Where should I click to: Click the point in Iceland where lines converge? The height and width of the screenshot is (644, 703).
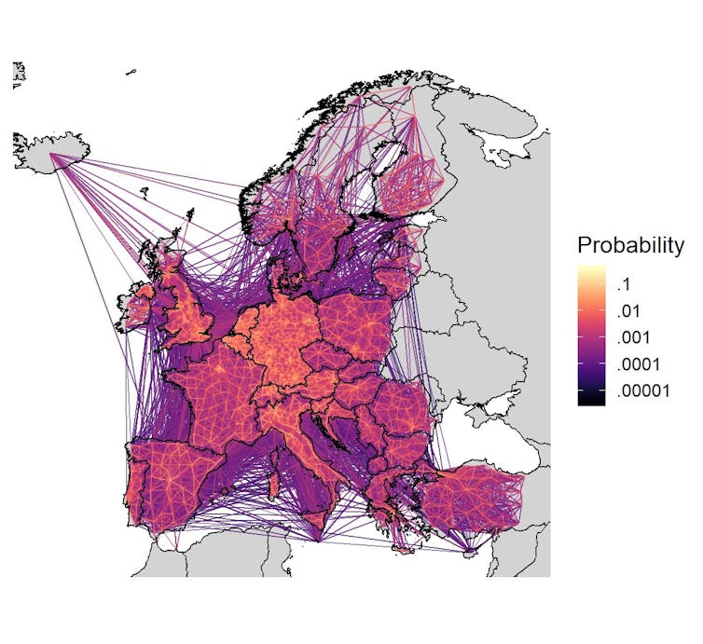(x=53, y=156)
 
